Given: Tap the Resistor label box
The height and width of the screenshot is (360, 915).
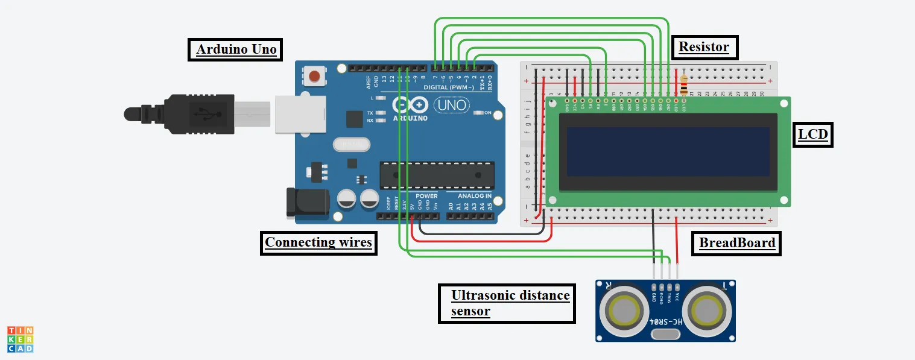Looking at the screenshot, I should click(x=704, y=47).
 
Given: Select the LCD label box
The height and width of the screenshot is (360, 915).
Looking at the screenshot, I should click(x=812, y=134).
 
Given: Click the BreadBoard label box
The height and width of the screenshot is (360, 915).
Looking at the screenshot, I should click(x=736, y=244).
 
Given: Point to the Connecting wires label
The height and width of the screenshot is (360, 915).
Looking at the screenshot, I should click(x=318, y=243).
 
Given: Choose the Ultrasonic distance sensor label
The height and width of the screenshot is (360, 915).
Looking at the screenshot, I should click(x=506, y=303).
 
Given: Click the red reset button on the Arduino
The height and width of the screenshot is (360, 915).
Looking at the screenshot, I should click(x=314, y=77).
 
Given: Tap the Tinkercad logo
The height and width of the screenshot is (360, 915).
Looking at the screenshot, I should click(x=20, y=339).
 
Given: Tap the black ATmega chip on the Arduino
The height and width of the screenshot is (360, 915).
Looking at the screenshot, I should click(x=437, y=175).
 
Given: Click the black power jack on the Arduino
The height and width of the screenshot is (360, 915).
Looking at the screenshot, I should click(x=307, y=203).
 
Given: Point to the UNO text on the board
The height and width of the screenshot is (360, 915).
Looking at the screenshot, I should click(x=451, y=106).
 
